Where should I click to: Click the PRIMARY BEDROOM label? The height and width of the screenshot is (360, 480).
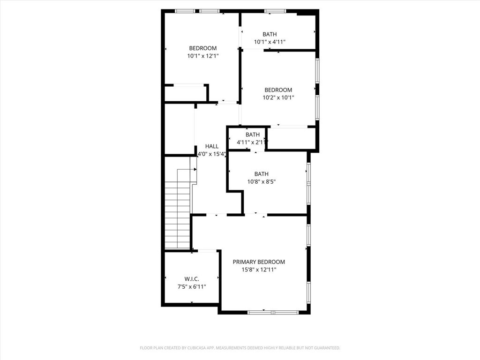point(259,262)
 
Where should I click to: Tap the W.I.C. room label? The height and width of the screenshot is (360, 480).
point(191,279)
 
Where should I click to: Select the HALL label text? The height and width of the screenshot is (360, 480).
point(212,146)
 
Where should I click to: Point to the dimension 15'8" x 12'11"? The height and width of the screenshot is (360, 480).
point(259,270)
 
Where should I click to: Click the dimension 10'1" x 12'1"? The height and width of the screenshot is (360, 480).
point(203,56)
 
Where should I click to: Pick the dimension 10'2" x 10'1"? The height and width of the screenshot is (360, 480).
point(278,98)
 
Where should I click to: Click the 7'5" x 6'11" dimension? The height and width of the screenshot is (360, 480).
point(191,287)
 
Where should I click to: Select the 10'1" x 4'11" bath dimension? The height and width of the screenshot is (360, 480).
point(270,42)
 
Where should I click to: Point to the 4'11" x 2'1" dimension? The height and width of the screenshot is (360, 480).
point(252,142)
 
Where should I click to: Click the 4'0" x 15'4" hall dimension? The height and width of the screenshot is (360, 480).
point(212,154)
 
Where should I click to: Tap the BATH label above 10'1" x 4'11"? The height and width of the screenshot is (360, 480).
point(270,34)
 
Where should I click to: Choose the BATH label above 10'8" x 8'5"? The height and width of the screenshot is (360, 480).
point(261,174)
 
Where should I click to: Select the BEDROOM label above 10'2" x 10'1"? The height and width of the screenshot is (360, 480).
point(278,90)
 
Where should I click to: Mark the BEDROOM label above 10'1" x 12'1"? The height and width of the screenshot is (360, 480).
point(203,48)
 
